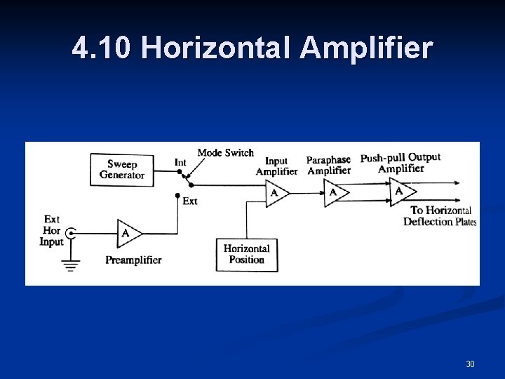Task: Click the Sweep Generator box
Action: pos(121,170)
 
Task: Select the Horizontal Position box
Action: pos(246,254)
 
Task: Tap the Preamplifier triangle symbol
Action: pos(128,232)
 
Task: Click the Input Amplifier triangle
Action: pos(276,192)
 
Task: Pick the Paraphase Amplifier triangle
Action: pos(335,192)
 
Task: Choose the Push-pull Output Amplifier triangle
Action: pos(402,191)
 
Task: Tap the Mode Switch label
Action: pos(225,152)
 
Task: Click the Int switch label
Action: pos(180,163)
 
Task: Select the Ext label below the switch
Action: pos(189,201)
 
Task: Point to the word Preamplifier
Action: pos(133,260)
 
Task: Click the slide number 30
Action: pos(470,364)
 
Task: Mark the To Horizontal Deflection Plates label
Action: pos(440,215)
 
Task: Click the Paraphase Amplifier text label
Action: pos(328,165)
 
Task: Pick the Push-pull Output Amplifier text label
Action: pos(400,162)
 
